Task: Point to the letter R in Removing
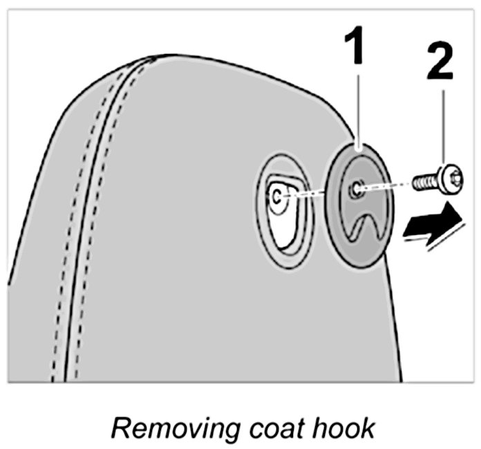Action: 119,428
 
